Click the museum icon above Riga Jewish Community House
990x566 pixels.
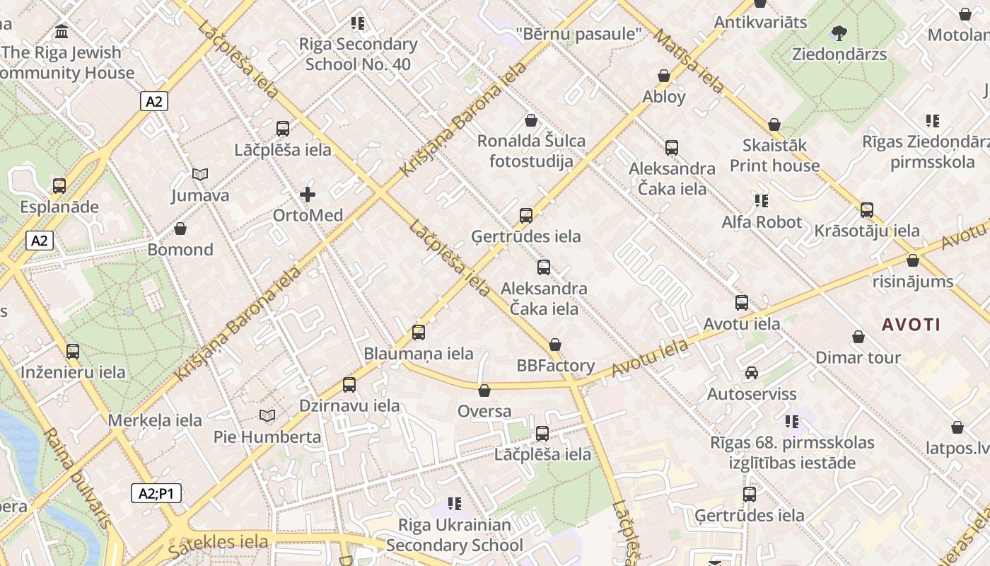coord(62,32)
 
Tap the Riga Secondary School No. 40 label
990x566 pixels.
coord(358,54)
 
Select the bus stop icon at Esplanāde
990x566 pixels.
coord(59,186)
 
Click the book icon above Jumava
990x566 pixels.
coord(200,174)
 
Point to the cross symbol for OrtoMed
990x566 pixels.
coord(308,194)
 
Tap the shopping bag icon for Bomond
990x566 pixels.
coord(180,229)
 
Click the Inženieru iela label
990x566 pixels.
coord(73,372)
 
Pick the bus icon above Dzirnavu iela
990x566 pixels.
coord(349,385)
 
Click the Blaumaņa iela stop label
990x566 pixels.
coord(419,354)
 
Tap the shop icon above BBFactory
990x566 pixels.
coord(555,345)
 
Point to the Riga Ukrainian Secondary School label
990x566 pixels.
coord(455,535)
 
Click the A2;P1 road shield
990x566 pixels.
coord(156,493)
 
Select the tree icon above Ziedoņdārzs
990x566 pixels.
coord(839,33)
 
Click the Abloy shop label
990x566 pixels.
coord(664,96)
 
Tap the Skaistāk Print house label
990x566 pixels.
coord(774,155)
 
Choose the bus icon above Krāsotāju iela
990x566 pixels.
coord(867,210)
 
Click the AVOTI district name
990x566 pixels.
coord(911,325)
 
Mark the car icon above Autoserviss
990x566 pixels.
coord(752,373)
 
